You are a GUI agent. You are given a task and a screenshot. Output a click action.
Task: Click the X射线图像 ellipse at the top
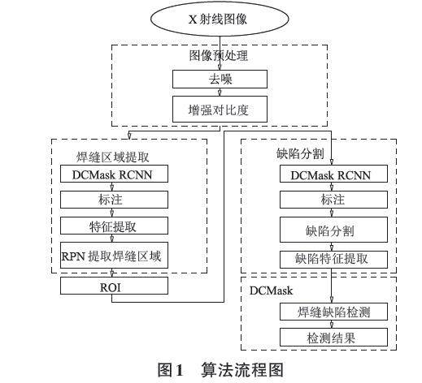pyautogui.click(x=220, y=19)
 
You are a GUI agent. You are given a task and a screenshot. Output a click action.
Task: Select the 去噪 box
pyautogui.click(x=220, y=79)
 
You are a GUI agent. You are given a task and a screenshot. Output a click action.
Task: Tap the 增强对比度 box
pyautogui.click(x=220, y=110)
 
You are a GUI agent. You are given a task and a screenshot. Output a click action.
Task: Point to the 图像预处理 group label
pyautogui.click(x=219, y=56)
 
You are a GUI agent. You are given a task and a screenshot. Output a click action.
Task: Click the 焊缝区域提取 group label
pyautogui.click(x=112, y=157)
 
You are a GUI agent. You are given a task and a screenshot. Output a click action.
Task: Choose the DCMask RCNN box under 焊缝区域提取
pyautogui.click(x=114, y=174)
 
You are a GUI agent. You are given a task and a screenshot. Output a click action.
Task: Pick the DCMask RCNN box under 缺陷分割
pyautogui.click(x=333, y=174)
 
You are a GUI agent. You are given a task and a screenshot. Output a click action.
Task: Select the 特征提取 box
pyautogui.click(x=114, y=226)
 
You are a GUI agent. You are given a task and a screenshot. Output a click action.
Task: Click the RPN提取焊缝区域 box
pyautogui.click(x=114, y=256)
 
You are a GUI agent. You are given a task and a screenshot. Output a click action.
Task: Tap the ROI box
pyautogui.click(x=114, y=286)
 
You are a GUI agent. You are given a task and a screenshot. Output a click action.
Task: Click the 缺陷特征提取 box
pyautogui.click(x=333, y=260)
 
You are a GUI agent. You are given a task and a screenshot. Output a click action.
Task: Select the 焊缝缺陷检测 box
pyautogui.click(x=333, y=312)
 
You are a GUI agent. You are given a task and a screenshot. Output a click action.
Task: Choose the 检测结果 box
pyautogui.click(x=333, y=338)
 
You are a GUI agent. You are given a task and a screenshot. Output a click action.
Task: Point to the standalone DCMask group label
pyautogui.click(x=271, y=290)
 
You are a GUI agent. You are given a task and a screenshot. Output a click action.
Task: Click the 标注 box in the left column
pyautogui.click(x=114, y=200)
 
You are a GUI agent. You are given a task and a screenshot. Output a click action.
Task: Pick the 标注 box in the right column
pyautogui.click(x=333, y=200)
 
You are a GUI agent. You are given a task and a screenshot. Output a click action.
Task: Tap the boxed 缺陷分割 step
pyautogui.click(x=333, y=230)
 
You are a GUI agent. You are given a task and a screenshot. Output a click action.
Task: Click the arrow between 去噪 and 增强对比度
pyautogui.click(x=220, y=93)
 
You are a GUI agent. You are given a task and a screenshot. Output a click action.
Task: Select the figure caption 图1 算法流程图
pyautogui.click(x=220, y=370)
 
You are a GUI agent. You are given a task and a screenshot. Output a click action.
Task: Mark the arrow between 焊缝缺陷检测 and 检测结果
pyautogui.click(x=332, y=325)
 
